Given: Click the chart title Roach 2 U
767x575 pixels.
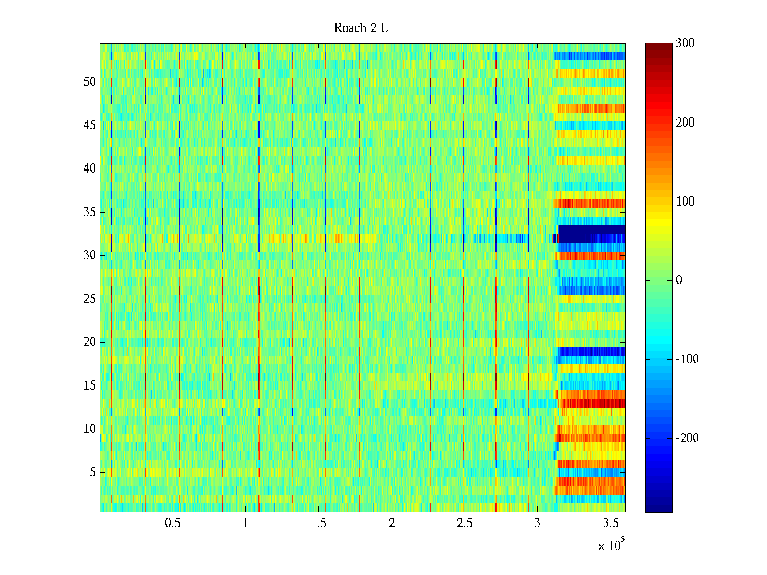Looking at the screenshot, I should pyautogui.click(x=361, y=28).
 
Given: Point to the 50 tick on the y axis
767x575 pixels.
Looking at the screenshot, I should pyautogui.click(x=90, y=82).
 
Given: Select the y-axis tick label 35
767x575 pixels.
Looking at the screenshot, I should pyautogui.click(x=90, y=212).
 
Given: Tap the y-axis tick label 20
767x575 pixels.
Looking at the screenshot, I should pyautogui.click(x=90, y=342).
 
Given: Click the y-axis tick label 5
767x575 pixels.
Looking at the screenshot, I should pyautogui.click(x=93, y=472).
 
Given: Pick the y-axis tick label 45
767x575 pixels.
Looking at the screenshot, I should pyautogui.click(x=90, y=126).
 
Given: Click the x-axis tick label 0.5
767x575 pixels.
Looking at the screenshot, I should pyautogui.click(x=173, y=523).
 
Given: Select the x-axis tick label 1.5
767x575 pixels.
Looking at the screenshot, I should pyautogui.click(x=319, y=523).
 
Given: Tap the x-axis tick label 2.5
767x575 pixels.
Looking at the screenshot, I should pyautogui.click(x=465, y=523).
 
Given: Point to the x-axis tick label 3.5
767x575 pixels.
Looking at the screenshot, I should pyautogui.click(x=611, y=523).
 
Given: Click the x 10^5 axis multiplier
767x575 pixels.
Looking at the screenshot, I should pyautogui.click(x=611, y=545).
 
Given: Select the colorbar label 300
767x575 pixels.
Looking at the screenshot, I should pyautogui.click(x=685, y=44).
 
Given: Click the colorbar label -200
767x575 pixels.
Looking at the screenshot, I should pyautogui.click(x=687, y=438).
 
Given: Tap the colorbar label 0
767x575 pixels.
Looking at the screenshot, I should pyautogui.click(x=679, y=280).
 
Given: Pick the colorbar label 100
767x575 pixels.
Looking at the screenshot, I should pyautogui.click(x=685, y=201).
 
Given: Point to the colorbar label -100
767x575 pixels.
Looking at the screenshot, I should pyautogui.click(x=687, y=359).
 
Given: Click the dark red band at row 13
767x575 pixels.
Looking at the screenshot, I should pyautogui.click(x=594, y=403).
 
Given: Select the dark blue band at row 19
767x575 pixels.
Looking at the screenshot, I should pyautogui.click(x=592, y=351).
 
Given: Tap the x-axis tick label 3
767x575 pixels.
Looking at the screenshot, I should pyautogui.click(x=537, y=523).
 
